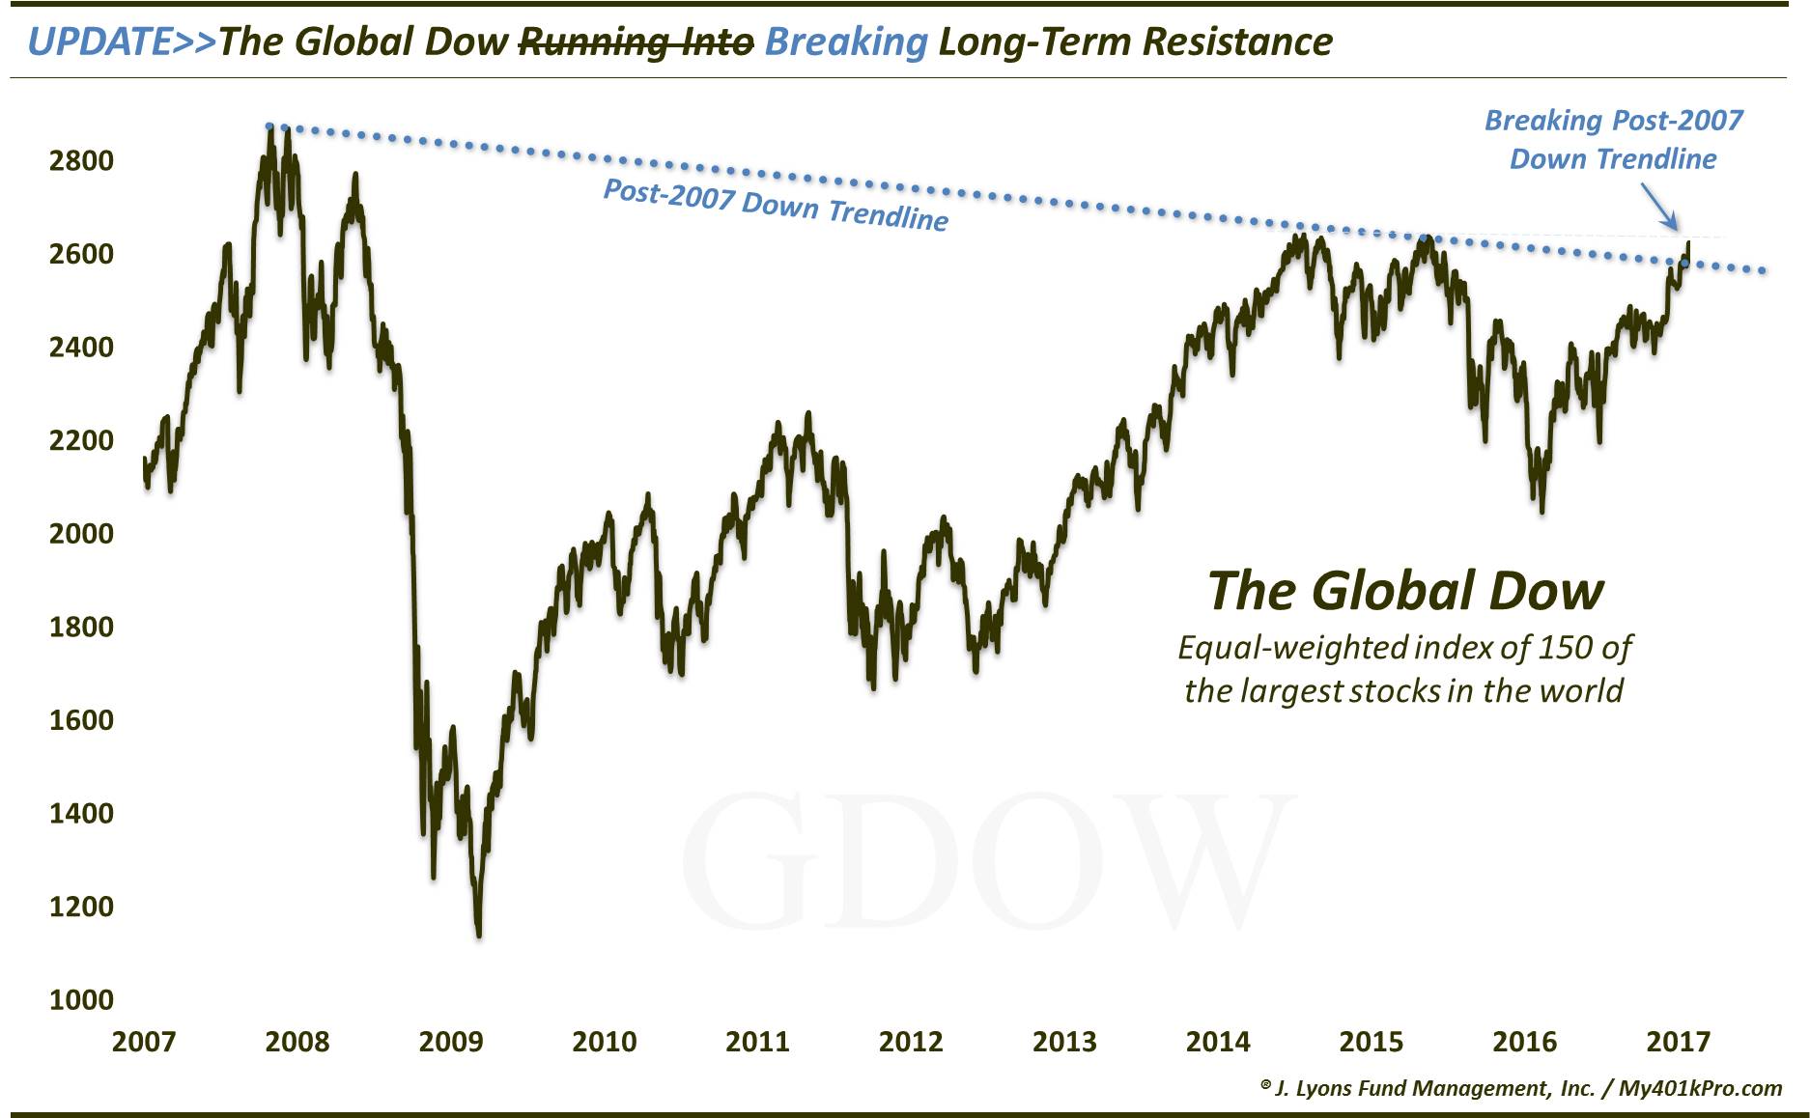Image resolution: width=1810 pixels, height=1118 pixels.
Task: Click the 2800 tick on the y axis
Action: click(81, 160)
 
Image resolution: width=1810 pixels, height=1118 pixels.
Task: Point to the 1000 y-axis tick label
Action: click(81, 999)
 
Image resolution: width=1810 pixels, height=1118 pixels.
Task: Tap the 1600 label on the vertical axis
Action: click(81, 719)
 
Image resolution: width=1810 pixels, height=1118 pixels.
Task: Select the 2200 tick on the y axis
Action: click(81, 440)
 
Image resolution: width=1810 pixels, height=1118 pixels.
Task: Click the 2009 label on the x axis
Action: click(451, 1042)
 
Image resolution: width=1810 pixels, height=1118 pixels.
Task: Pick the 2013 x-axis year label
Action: click(1064, 1042)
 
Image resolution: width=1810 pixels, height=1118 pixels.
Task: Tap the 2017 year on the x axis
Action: click(1678, 1042)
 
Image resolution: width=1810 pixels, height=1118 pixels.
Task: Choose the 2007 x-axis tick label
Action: click(144, 1042)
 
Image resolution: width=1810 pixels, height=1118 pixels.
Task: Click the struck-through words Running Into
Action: click(636, 42)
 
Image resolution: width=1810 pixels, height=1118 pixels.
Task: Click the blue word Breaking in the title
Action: click(845, 42)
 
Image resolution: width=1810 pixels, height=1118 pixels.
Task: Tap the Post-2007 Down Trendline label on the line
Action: click(776, 205)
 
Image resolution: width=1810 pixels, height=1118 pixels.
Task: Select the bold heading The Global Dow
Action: click(1405, 590)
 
